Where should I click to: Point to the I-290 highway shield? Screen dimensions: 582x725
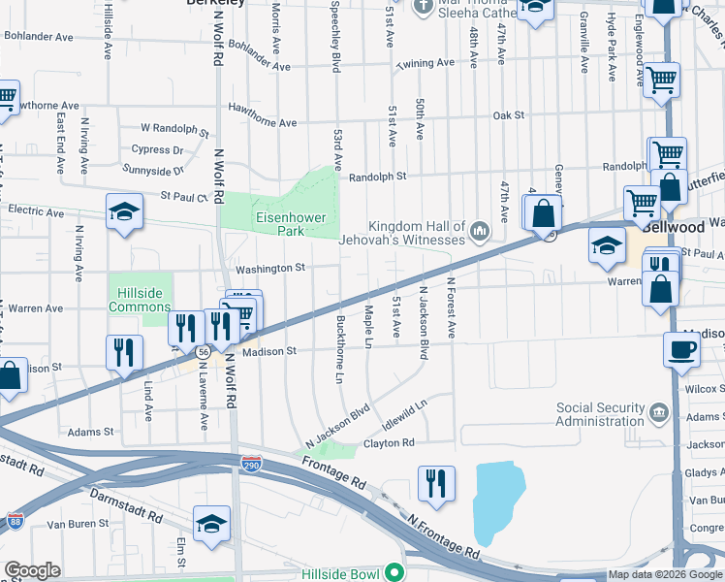252,466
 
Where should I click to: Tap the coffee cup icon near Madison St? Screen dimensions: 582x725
681,349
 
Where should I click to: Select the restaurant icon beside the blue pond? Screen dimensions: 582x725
436,483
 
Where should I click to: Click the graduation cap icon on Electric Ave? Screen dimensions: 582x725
124,215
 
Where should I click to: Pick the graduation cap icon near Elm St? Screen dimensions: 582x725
210,524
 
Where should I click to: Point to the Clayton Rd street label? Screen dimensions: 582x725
389,443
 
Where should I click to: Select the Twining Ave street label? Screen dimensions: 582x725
426,63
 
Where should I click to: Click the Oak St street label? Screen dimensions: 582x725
508,114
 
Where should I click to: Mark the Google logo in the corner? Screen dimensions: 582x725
32,570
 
